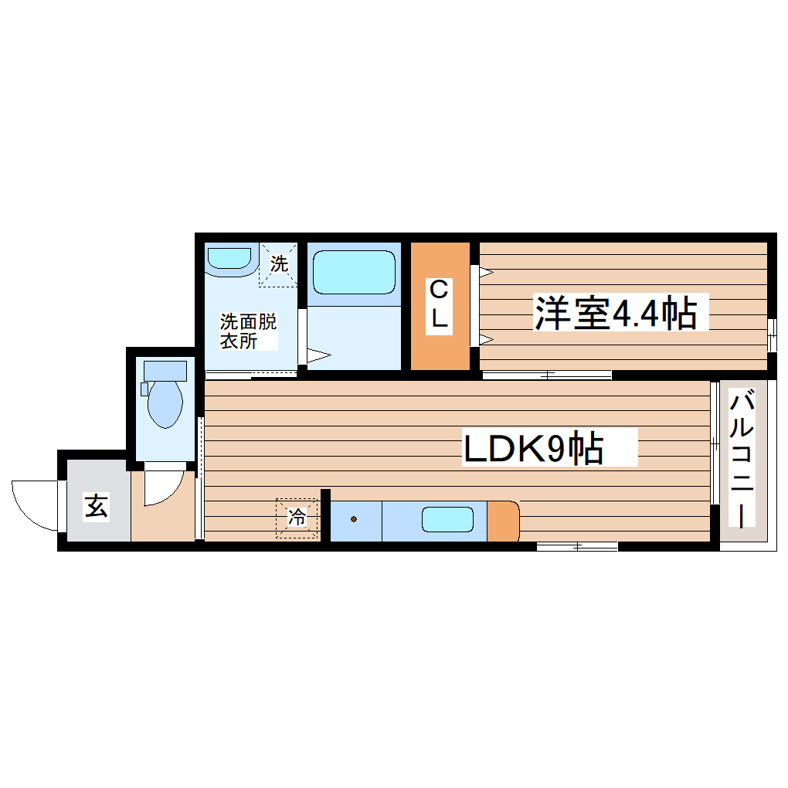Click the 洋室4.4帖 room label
616,313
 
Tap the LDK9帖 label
533,448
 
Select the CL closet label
439,306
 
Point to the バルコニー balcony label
743,460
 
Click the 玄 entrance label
96,507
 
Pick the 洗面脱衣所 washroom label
247,331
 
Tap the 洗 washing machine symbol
278,264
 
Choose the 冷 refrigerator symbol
297,517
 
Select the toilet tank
165,371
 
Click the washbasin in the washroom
230,258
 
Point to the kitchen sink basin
447,519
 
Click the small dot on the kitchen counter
355,519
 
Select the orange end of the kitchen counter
503,520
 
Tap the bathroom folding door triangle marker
319,356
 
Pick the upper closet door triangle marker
484,272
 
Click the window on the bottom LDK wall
577,546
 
